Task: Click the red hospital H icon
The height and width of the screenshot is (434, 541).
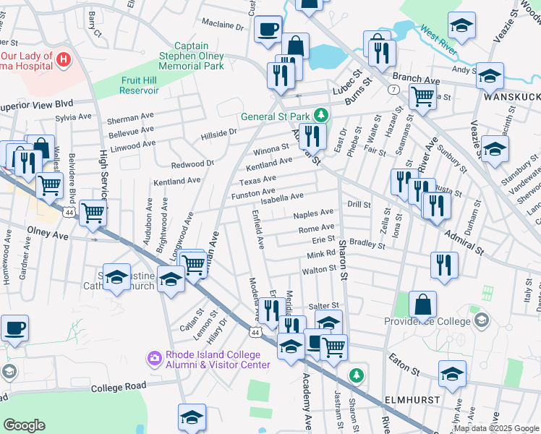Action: (64, 59)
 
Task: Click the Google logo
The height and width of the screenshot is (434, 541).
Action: (24, 425)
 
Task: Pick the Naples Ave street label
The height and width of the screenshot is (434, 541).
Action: (313, 214)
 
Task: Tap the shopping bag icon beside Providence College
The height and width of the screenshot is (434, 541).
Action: (422, 304)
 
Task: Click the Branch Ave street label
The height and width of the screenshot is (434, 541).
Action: (416, 78)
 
